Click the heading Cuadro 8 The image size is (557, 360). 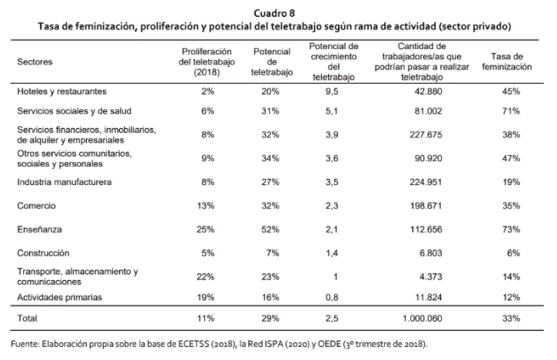(x=278, y=12)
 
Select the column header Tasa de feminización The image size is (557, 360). (x=506, y=61)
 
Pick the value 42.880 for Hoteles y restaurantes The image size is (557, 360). (x=424, y=91)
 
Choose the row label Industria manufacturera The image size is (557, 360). (x=65, y=183)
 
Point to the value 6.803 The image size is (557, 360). (x=426, y=252)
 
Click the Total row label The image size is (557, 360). (x=28, y=317)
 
